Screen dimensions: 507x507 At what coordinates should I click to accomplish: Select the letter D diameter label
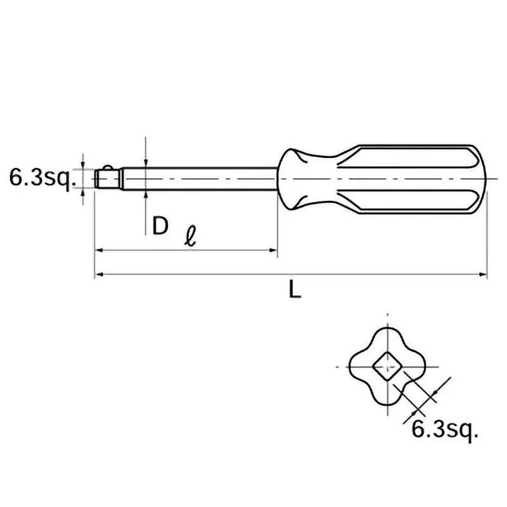[x=160, y=225]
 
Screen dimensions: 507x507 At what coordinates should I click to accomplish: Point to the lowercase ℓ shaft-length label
[x=189, y=239]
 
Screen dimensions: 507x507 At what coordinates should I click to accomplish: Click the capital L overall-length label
[x=293, y=290]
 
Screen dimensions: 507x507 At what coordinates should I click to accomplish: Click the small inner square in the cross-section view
[x=386, y=367]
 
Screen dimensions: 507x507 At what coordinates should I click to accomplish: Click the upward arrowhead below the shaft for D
[x=146, y=193]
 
